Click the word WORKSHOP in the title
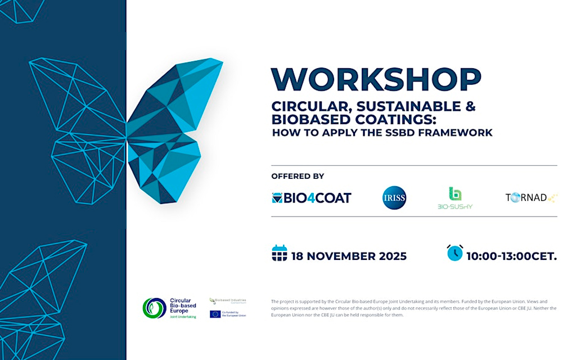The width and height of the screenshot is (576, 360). click(376, 79)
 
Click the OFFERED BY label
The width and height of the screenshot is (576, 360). click(298, 176)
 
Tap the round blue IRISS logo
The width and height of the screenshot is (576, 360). click(394, 197)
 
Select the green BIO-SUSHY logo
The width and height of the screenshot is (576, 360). click(455, 197)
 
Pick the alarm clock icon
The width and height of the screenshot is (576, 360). click(454, 253)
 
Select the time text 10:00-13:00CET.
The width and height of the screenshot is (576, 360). click(511, 256)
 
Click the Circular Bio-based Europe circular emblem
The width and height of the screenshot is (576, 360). click(154, 308)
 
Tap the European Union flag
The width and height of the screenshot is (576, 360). click(215, 314)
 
